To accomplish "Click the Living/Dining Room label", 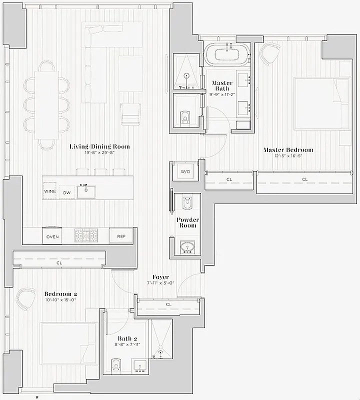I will coord(99,146).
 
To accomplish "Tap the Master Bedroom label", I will coord(288,150).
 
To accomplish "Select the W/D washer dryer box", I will coord(185,171).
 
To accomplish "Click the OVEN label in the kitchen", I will coord(52,236).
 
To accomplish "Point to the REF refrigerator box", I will coord(121,236).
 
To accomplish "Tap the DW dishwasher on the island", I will coord(66,192).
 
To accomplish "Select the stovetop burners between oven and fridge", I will coord(87,235).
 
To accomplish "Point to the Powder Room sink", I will coord(188,247).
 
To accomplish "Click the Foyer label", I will coord(160,277).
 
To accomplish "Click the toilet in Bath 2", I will coord(116,364).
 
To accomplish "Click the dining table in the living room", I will coord(46,104).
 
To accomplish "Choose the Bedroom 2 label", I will coord(60,294).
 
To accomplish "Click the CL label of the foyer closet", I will coord(168,304).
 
